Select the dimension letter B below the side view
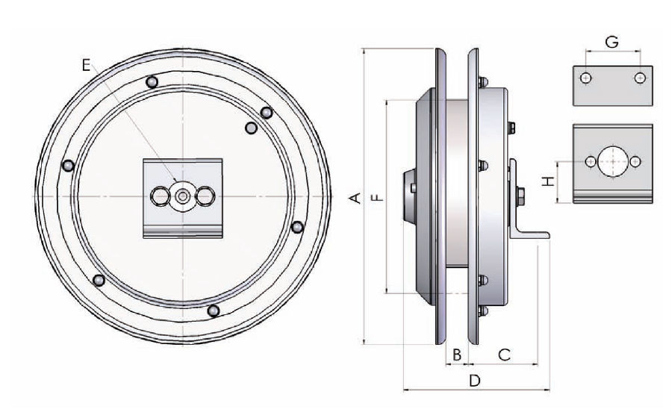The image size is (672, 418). point(457,355)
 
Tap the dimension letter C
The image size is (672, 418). point(504,355)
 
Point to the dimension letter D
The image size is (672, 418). point(474,380)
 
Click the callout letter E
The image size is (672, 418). point(87,66)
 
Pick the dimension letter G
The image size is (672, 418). point(612,43)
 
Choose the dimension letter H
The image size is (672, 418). point(548,181)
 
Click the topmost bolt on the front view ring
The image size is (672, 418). point(152,81)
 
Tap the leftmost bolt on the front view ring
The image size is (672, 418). point(69,165)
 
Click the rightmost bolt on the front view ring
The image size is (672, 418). point(296,226)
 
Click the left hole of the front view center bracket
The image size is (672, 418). point(161,196)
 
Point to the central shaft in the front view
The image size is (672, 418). point(183,196)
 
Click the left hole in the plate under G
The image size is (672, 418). point(586,78)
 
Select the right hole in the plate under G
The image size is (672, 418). point(639,78)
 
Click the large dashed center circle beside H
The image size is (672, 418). point(613,161)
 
